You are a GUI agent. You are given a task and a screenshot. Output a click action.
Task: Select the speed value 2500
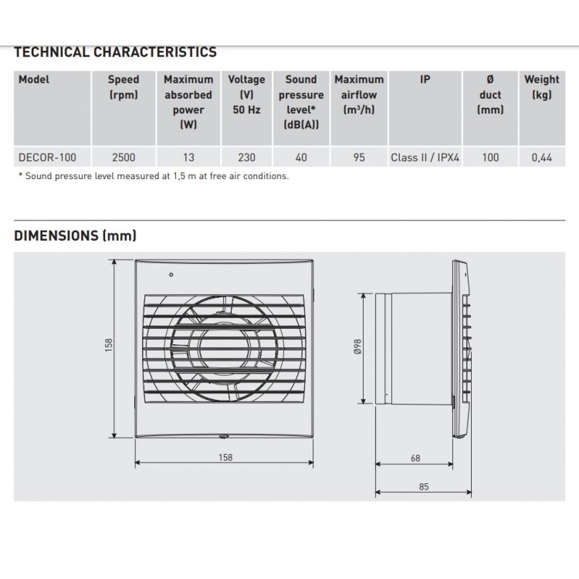click(124, 157)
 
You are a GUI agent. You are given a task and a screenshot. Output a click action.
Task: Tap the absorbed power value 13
click(188, 157)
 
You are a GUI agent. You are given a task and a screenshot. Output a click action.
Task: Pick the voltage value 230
click(246, 157)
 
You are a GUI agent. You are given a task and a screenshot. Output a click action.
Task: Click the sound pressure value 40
click(301, 157)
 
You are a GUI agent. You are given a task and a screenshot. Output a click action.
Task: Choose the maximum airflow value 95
click(359, 157)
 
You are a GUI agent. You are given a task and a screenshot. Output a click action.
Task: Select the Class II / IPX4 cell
click(425, 157)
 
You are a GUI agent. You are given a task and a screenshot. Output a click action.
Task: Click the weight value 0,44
click(542, 157)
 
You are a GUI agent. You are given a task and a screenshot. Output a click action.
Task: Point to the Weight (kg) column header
click(542, 86)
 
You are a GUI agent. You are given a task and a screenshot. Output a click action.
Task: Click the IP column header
click(425, 80)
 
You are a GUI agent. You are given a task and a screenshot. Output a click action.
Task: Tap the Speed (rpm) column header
click(124, 86)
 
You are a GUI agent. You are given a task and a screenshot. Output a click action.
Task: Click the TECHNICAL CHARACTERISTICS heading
click(116, 52)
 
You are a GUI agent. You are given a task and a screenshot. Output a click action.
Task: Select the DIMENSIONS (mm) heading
click(76, 236)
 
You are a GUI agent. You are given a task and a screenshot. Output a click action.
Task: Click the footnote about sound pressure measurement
click(153, 177)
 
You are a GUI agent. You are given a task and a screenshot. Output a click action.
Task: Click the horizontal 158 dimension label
click(224, 458)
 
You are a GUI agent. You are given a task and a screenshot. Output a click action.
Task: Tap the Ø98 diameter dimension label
click(357, 348)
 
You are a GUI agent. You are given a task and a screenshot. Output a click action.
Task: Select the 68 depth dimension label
click(415, 458)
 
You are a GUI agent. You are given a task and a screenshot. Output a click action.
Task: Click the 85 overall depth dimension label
click(425, 487)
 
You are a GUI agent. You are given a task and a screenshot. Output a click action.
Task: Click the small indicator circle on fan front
click(171, 274)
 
